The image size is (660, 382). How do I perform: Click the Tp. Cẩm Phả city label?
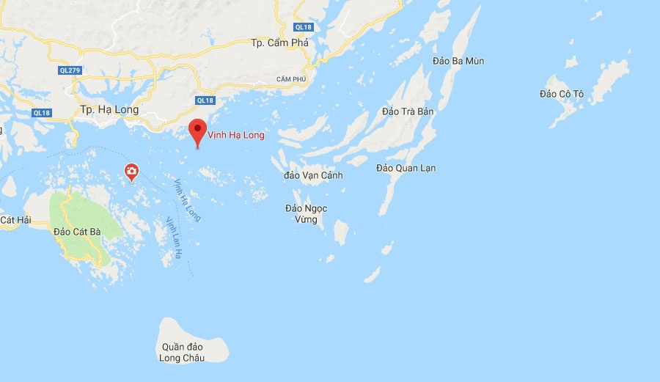(279, 43)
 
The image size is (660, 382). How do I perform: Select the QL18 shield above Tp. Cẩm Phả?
(302, 27)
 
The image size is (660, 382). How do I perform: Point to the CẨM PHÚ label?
(291, 79)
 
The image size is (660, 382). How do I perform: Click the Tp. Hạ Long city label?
(109, 110)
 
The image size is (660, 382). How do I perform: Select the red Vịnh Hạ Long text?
(236, 135)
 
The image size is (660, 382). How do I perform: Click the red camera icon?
(131, 172)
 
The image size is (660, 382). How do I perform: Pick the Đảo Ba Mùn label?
(458, 61)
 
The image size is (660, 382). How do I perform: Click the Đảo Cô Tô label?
(561, 95)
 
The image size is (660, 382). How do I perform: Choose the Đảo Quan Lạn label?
(406, 169)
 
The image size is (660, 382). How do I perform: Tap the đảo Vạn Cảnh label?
(313, 176)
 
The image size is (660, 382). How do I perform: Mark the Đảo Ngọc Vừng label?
(307, 214)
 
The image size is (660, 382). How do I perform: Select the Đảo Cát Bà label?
(77, 232)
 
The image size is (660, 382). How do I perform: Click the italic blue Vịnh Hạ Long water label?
(187, 200)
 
